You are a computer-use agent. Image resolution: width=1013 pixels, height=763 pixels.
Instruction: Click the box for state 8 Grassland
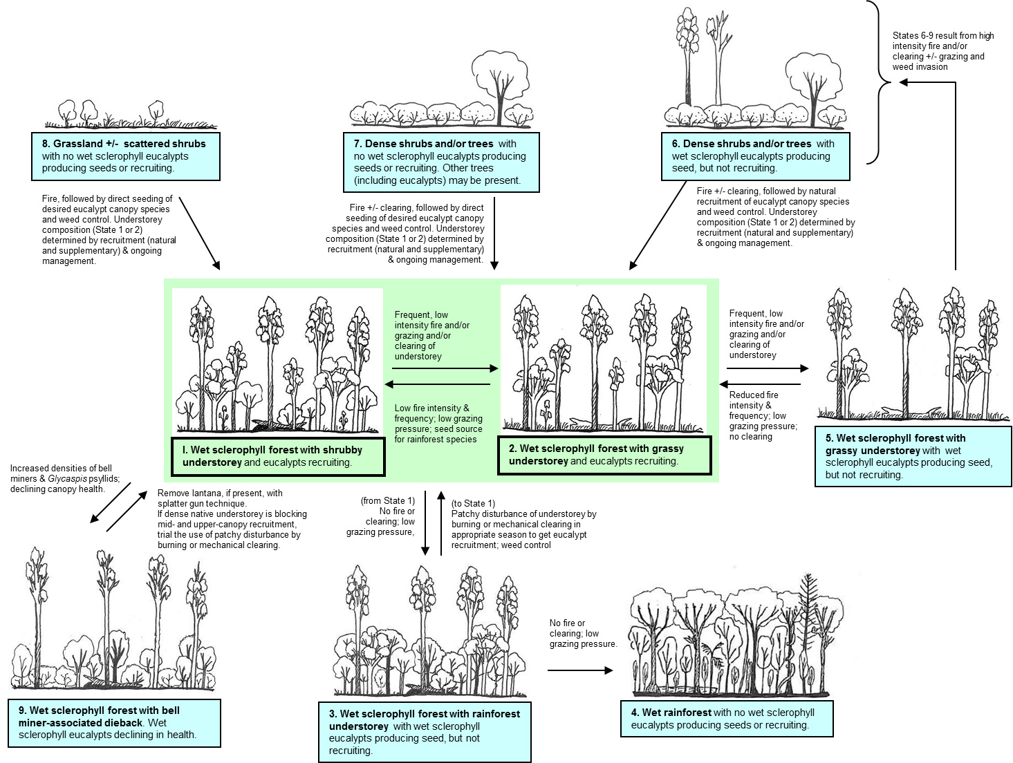(126, 156)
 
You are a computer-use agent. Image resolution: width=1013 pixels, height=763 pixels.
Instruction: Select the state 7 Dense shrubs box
(441, 162)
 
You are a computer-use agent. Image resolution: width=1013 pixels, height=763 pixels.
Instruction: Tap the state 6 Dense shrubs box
(755, 156)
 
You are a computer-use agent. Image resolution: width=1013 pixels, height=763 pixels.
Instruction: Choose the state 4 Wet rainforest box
(727, 719)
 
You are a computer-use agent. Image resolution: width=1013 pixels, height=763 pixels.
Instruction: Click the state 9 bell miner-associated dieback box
(115, 722)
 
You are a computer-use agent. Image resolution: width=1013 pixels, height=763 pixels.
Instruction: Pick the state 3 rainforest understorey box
(425, 732)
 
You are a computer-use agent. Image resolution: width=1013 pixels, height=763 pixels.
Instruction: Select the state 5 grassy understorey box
(913, 457)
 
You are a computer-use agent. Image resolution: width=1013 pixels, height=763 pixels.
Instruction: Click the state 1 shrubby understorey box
(278, 457)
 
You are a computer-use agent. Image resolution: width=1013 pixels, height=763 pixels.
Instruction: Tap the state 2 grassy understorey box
(604, 455)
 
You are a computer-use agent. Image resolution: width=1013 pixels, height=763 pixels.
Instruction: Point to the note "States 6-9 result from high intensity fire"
(942, 51)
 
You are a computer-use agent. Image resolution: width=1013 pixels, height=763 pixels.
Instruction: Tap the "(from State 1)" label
(387, 501)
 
